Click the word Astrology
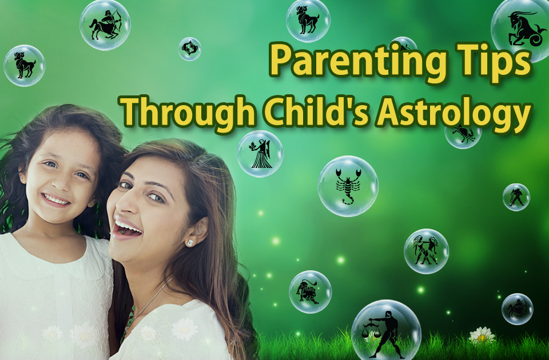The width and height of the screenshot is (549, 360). [453, 113]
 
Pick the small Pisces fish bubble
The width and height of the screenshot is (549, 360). [190, 49]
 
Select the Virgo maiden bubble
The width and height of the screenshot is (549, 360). [260, 154]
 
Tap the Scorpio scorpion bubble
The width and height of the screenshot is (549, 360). [348, 186]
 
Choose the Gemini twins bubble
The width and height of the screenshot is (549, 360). [426, 251]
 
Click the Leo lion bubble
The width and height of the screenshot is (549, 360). [310, 292]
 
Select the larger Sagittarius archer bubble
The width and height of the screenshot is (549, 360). [105, 25]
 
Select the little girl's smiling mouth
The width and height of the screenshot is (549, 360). [56, 200]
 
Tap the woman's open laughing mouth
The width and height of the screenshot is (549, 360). [126, 229]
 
